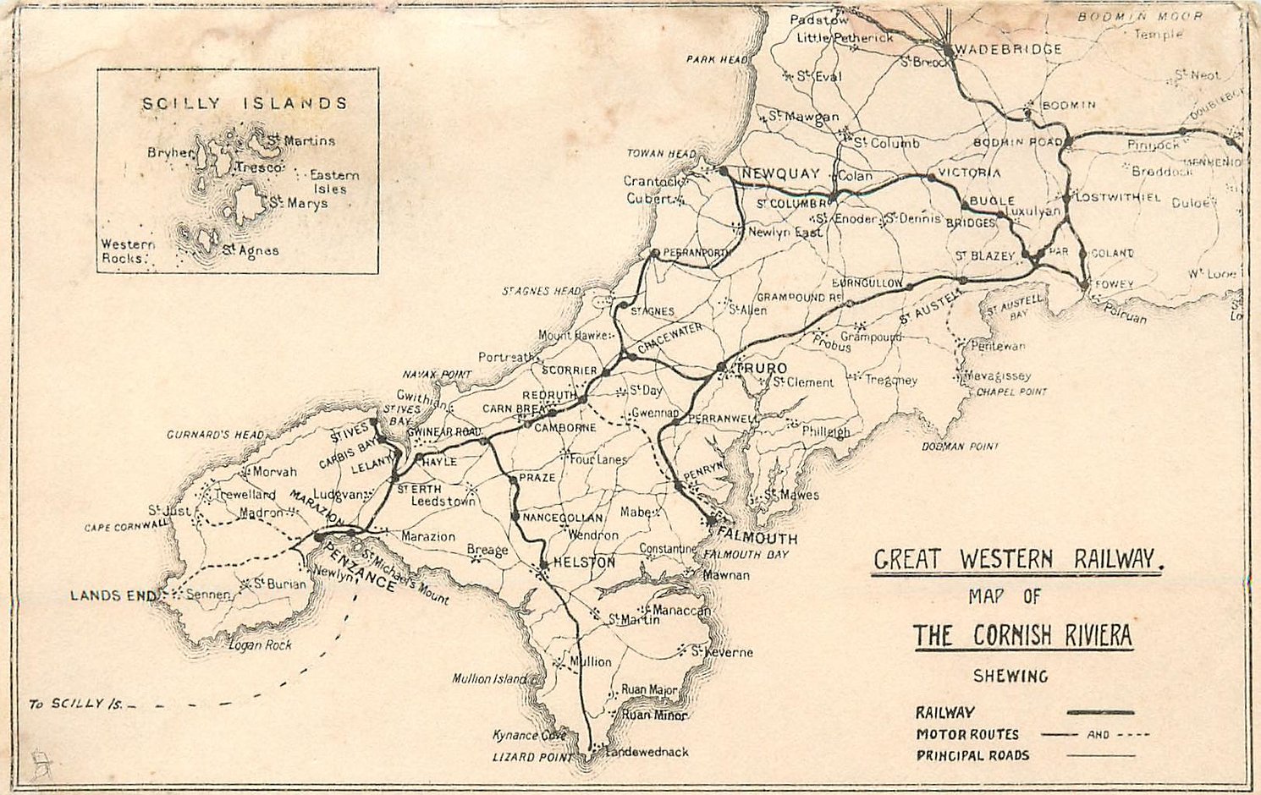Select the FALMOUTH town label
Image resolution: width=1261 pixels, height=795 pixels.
(x=757, y=538)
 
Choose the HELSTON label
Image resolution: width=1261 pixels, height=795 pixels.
(x=584, y=562)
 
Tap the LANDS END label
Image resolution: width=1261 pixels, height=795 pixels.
(x=107, y=595)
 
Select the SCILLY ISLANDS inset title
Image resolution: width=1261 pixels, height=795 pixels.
(x=245, y=103)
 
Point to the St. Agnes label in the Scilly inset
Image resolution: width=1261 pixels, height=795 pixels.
(x=251, y=250)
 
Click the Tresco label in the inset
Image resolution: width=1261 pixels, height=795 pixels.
(x=258, y=168)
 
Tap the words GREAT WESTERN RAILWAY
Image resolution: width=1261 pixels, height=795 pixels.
(x=1014, y=559)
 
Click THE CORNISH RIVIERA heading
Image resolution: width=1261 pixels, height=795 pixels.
(x=1022, y=635)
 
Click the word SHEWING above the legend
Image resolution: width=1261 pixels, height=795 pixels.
(x=1010, y=676)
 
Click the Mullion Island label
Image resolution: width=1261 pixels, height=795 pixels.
(x=488, y=678)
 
